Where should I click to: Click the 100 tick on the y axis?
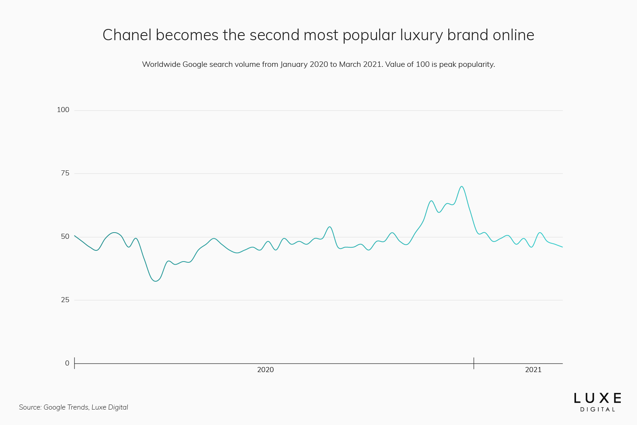[63, 110]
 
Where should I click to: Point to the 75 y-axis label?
[65, 173]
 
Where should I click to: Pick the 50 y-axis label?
[65, 236]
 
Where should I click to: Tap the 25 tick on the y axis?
[65, 300]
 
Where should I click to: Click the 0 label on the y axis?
[67, 363]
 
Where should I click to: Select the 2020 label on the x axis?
[265, 370]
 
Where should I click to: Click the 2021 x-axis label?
[533, 370]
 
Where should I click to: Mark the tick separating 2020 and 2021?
[474, 363]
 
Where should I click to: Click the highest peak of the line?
[461, 186]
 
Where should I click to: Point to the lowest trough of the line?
[155, 281]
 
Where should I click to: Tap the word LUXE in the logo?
[597, 398]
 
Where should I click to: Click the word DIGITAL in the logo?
[597, 410]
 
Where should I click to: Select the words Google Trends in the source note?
[66, 407]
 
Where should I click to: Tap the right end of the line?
[562, 247]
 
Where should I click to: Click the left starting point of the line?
[75, 236]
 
